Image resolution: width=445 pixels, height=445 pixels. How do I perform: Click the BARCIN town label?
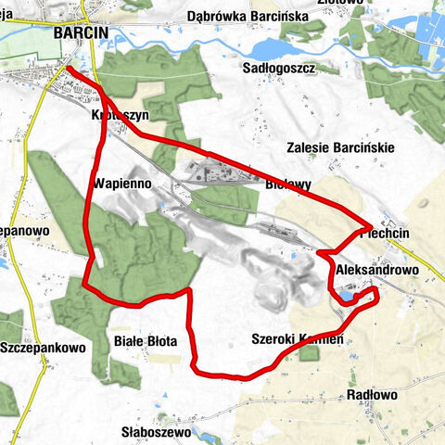pos(82,32)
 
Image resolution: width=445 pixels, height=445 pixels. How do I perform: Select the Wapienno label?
pos(122,183)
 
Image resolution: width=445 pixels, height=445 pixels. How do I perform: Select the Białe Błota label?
pos(145,342)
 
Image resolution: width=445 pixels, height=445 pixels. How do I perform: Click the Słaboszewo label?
pos(157,432)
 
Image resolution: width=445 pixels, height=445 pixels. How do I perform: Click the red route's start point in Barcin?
pos(70,68)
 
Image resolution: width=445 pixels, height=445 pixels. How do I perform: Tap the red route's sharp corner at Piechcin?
pos(371,225)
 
